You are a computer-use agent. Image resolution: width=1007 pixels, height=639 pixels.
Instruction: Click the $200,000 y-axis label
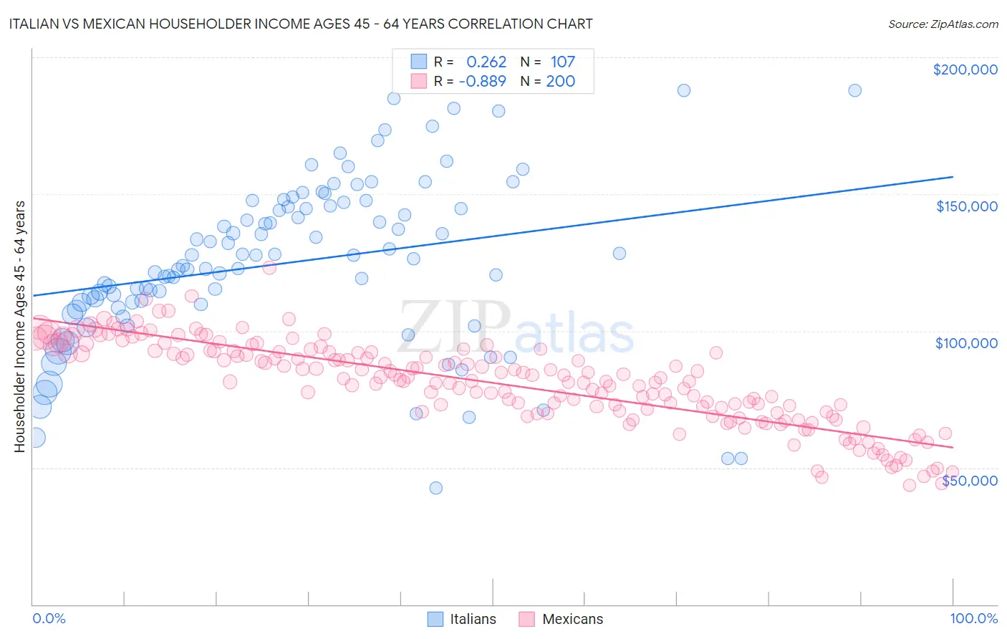(x=965, y=69)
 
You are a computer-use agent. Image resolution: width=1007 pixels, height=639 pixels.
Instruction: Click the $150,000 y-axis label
(x=966, y=206)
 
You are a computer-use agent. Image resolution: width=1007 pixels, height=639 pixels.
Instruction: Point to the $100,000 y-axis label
(x=966, y=343)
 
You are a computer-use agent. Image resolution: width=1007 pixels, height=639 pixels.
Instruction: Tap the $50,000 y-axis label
(x=969, y=481)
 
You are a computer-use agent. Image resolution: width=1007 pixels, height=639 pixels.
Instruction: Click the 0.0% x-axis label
(x=49, y=618)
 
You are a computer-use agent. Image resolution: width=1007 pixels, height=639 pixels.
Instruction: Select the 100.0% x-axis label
(x=973, y=618)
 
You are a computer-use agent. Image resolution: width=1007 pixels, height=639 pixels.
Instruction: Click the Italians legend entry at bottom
(x=461, y=619)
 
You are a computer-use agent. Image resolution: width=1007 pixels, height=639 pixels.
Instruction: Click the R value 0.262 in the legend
(x=486, y=62)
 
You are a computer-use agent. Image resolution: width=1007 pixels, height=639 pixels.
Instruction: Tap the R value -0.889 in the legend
(x=482, y=82)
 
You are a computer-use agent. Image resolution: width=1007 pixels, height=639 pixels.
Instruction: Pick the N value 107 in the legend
(x=562, y=62)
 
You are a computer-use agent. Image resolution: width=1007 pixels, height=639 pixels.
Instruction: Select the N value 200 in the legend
(x=560, y=82)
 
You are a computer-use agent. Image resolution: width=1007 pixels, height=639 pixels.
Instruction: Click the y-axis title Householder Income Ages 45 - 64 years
(x=19, y=327)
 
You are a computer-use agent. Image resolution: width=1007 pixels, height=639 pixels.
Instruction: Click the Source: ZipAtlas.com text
(x=943, y=24)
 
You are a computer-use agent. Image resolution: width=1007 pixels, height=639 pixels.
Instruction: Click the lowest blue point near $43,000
(x=435, y=488)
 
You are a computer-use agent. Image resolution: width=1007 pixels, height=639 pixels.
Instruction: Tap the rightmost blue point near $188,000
(x=854, y=90)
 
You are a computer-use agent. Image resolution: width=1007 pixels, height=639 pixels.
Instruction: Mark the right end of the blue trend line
(x=953, y=176)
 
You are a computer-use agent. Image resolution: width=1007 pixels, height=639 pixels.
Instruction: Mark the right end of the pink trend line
(x=953, y=447)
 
